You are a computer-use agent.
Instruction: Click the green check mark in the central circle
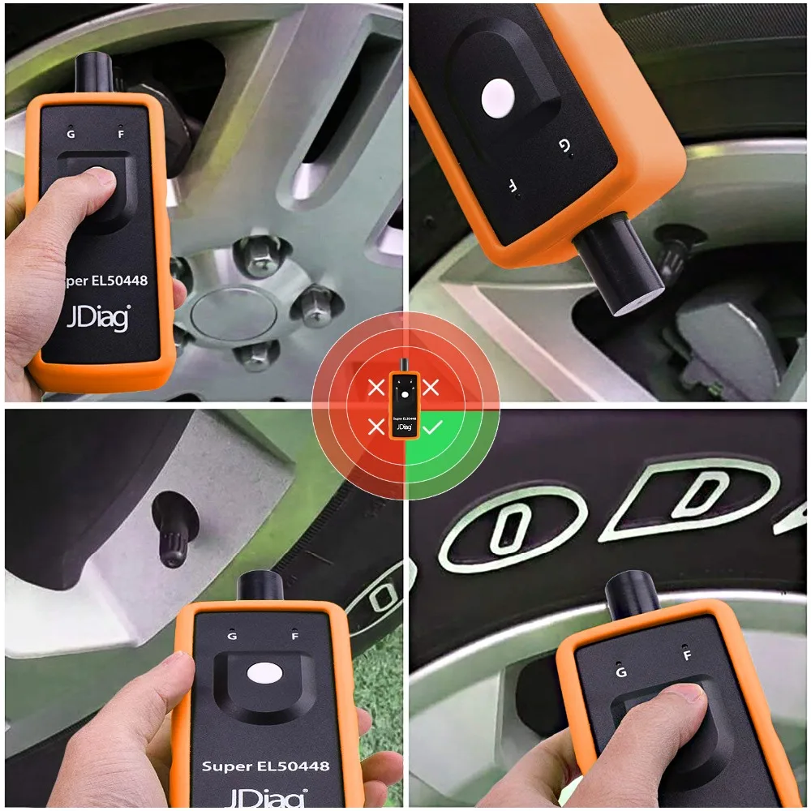point(431,427)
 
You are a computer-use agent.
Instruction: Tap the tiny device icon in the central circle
point(403,405)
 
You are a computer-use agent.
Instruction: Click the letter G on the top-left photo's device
point(71,134)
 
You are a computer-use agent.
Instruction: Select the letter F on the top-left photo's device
point(121,134)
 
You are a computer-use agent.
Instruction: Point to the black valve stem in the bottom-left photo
point(175,530)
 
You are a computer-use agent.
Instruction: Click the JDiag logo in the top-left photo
point(97,317)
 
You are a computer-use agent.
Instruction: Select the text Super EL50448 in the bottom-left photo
point(266,765)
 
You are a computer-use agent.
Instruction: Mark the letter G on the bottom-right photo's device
point(622,672)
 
